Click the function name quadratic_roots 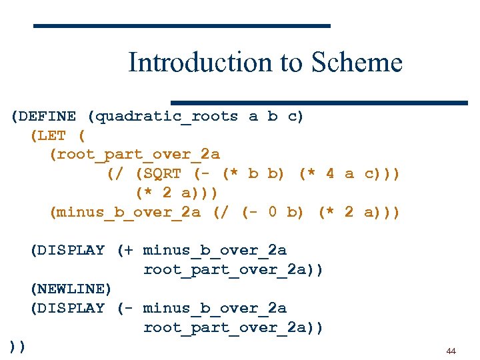[x=167, y=117]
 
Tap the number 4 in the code [x=330, y=174]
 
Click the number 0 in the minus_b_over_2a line [x=272, y=213]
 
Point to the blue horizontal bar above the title [x=182, y=26]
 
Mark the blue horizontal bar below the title [x=319, y=103]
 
